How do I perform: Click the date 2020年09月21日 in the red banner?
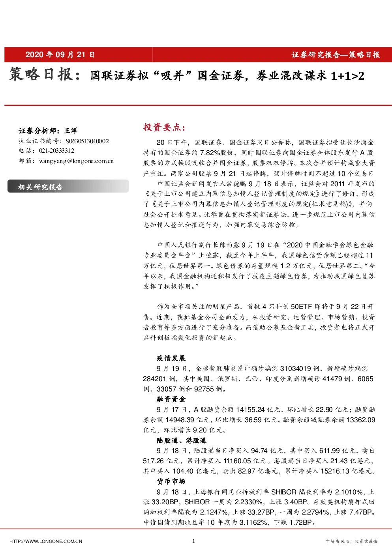click(60, 54)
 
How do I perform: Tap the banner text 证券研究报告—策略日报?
click(336, 55)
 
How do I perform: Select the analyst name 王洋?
click(71, 131)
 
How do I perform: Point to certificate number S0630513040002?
click(87, 141)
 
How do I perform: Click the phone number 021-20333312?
click(56, 151)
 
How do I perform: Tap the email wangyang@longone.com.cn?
click(76, 161)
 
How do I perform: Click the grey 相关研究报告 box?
click(68, 186)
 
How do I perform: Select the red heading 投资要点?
click(164, 127)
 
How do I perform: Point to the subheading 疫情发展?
click(171, 358)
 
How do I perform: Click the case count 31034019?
click(296, 369)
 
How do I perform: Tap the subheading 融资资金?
click(171, 399)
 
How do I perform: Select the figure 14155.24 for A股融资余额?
click(250, 410)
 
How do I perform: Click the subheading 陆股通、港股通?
click(182, 440)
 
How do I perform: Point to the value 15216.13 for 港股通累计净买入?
click(335, 471)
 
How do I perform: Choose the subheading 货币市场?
click(171, 481)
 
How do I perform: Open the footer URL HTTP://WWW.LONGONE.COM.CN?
click(46, 541)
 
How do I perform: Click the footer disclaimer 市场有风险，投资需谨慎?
click(351, 541)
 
